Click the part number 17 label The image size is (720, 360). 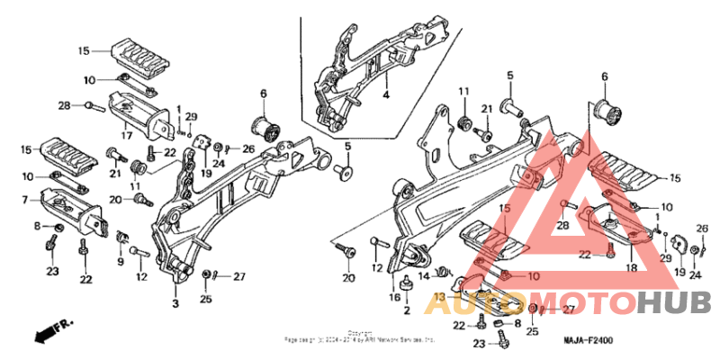tap(128, 136)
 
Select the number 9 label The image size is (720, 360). tap(121, 261)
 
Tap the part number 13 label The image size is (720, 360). tap(439, 296)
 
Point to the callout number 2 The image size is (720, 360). tap(407, 310)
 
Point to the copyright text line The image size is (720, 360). tap(360, 338)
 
